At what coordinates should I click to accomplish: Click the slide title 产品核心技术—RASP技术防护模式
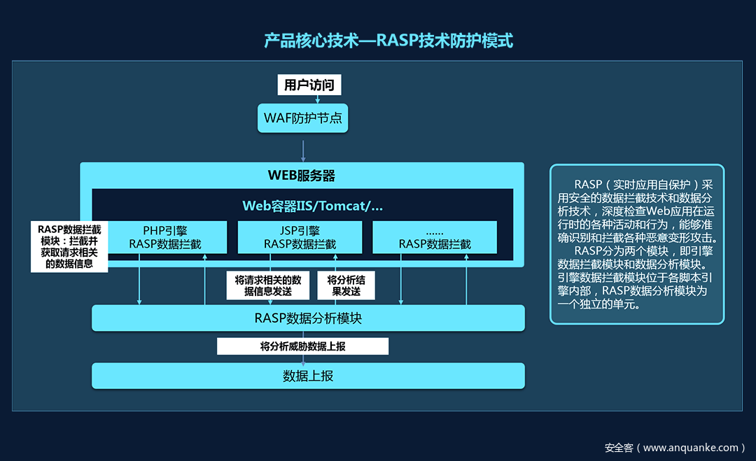[388, 41]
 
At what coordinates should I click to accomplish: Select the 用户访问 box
[309, 85]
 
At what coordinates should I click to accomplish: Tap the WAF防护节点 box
[303, 118]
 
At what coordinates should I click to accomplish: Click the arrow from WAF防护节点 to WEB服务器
[303, 150]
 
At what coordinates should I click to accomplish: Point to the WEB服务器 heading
[302, 175]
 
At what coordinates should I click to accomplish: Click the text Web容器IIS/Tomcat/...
[312, 206]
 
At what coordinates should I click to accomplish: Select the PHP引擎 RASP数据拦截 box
[165, 237]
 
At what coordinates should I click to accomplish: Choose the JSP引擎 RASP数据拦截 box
[300, 237]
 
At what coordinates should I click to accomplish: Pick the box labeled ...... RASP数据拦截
[435, 237]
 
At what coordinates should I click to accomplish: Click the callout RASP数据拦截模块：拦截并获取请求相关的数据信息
[69, 246]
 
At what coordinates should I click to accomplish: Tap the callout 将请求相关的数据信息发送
[268, 285]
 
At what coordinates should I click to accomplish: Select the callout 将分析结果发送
[346, 285]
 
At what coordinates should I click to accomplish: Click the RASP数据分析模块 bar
[308, 318]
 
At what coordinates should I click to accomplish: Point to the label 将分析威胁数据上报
[302, 346]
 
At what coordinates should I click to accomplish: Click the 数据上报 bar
[308, 376]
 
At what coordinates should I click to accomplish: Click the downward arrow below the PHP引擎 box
[139, 280]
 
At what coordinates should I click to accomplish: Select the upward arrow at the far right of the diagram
[466, 280]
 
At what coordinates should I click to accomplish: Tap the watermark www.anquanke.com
[672, 448]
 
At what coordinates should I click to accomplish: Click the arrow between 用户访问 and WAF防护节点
[318, 99]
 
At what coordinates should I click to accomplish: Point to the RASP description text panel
[637, 244]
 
